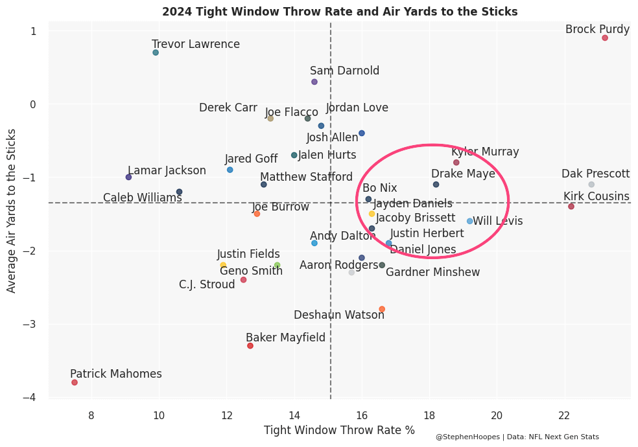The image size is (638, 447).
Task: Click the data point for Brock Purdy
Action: tap(605, 38)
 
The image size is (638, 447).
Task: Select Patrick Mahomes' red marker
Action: tap(75, 382)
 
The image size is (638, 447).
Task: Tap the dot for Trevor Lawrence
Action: tap(156, 52)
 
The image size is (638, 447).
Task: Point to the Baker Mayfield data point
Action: tap(250, 345)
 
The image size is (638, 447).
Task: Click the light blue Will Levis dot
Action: tap(470, 221)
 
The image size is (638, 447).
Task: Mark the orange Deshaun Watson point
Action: tap(382, 309)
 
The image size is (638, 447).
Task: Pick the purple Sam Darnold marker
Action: tap(314, 82)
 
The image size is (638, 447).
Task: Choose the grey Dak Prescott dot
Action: tap(591, 185)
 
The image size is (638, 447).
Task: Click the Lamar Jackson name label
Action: tap(167, 170)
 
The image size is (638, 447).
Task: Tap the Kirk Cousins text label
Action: tap(596, 196)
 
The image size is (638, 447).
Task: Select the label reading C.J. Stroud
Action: tap(207, 284)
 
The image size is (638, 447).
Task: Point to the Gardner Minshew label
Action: tap(432, 272)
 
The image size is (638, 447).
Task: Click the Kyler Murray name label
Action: tap(485, 152)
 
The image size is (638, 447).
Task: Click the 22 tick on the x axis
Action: tap(564, 415)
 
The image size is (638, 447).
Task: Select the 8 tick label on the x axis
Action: tap(91, 415)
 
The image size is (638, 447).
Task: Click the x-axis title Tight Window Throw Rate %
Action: tap(339, 430)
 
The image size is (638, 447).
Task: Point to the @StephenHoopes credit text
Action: tap(517, 437)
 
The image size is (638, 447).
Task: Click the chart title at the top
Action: tap(340, 12)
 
